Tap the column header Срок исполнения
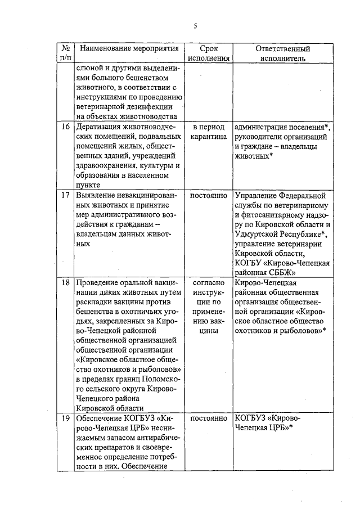click(x=209, y=53)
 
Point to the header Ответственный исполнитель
click(x=283, y=53)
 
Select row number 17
click(x=65, y=196)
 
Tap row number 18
click(x=65, y=282)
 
